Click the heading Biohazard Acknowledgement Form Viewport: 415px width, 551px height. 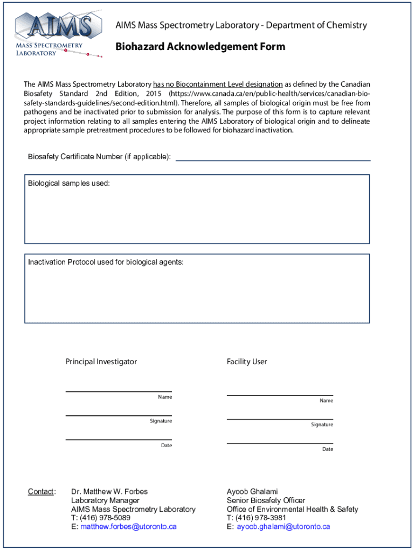pos(200,47)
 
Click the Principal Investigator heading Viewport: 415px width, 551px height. pos(101,362)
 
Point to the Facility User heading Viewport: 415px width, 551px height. pos(247,362)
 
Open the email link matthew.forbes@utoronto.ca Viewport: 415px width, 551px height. pos(128,527)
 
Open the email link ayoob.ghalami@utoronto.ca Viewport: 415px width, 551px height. pos(283,527)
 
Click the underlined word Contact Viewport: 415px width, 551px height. pos(40,492)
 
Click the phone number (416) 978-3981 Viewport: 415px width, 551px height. pos(261,518)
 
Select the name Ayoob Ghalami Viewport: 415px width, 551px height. pos(252,492)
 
